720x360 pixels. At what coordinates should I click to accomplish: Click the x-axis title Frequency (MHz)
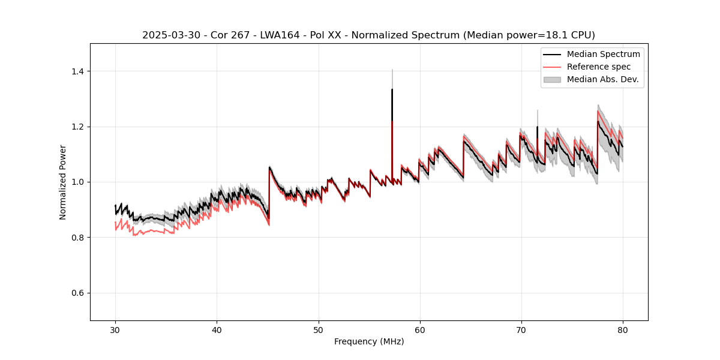[369, 341]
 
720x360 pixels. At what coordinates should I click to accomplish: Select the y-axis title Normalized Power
[63, 182]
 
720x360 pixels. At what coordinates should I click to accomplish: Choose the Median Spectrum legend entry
[603, 54]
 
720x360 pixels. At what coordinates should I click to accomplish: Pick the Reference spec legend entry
[598, 67]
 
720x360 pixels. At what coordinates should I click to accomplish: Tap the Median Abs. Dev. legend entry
[602, 79]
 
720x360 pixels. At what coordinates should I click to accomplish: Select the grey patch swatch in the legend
[552, 79]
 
